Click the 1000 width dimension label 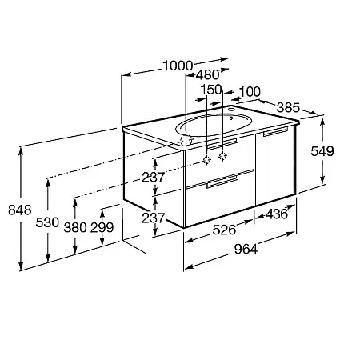tap(178, 66)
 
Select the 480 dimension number tap(207, 75)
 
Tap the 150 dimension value tap(211, 90)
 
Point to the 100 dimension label tap(250, 92)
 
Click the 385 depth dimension tap(288, 107)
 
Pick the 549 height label tap(322, 151)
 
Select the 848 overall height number tap(20, 210)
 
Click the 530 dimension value tap(47, 222)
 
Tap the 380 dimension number tap(75, 227)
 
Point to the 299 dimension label tap(102, 227)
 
